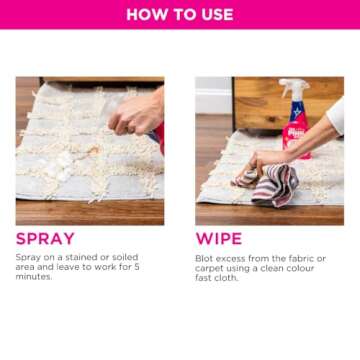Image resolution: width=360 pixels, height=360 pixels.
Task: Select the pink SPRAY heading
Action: click(x=45, y=239)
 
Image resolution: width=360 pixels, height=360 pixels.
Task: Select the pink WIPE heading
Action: click(x=219, y=239)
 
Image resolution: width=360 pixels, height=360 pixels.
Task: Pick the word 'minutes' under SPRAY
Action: click(x=33, y=277)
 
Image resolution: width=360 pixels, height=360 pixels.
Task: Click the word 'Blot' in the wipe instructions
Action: click(x=205, y=257)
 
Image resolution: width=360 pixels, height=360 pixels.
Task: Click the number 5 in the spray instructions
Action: click(x=137, y=267)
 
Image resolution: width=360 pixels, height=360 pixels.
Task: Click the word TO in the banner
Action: click(x=181, y=14)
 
